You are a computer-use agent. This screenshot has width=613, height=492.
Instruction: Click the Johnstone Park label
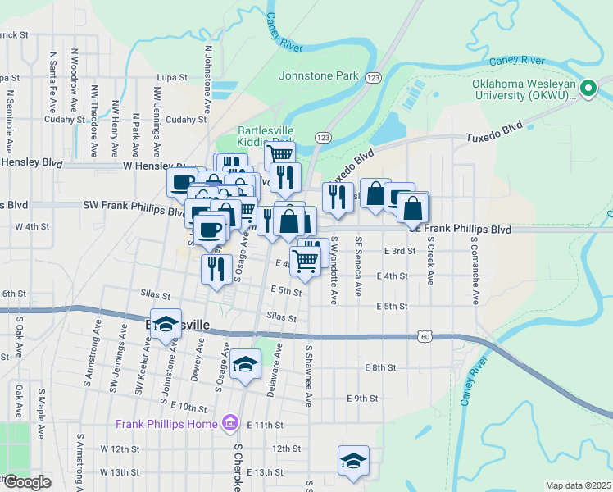click(319, 75)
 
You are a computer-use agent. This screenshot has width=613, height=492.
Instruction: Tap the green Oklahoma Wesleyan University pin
click(588, 88)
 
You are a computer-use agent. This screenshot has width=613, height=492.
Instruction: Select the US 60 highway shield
click(423, 336)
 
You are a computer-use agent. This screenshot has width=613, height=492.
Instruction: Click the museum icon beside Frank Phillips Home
click(231, 423)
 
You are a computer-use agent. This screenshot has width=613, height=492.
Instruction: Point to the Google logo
click(26, 482)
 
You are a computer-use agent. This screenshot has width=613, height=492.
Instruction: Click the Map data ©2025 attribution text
click(578, 485)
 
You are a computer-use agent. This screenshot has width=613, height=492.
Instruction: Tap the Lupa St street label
click(173, 77)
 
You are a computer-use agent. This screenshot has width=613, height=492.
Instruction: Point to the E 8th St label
click(381, 367)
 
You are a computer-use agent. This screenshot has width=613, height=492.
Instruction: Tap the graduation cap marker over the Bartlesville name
click(166, 324)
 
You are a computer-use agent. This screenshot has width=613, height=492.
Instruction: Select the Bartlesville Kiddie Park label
click(266, 136)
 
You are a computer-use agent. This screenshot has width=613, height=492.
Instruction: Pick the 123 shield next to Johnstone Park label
click(373, 77)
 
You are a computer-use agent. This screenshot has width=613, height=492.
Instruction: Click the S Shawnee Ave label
click(309, 376)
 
